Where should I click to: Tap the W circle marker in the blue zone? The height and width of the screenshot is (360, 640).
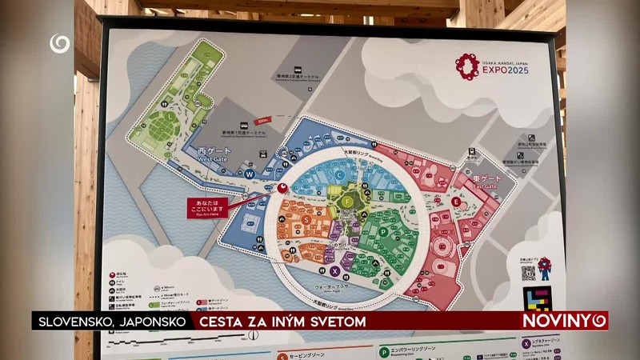click(250, 174)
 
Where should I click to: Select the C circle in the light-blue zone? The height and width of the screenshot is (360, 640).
click(339, 174)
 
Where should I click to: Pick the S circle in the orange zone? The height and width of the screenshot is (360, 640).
click(306, 219)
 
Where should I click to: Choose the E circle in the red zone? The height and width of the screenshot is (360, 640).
click(457, 202)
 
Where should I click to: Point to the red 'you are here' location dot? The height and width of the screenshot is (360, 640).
click(282, 189)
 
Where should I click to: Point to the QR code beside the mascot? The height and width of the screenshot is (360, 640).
click(527, 272)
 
